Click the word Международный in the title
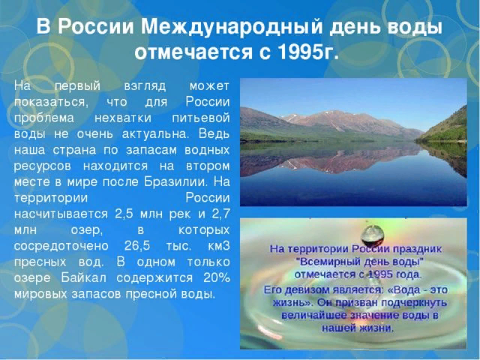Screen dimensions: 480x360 [x=232, y=27]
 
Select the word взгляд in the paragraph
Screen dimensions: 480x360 [x=145, y=87]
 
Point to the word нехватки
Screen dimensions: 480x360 [x=123, y=118]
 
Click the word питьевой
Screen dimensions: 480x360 [x=201, y=118]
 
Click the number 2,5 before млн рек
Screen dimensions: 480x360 [x=124, y=214]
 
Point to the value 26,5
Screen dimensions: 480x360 [x=137, y=246]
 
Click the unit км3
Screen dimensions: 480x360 [x=219, y=246]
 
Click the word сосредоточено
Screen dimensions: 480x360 [x=61, y=246]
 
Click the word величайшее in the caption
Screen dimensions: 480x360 [x=314, y=315]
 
